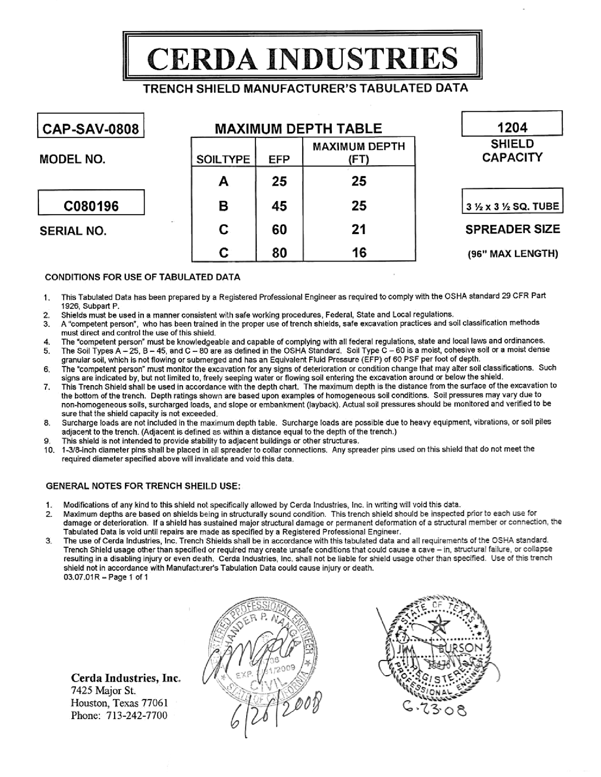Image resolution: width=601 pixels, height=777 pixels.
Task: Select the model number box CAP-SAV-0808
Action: [x=91, y=129]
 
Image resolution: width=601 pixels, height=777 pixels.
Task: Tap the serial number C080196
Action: [x=91, y=206]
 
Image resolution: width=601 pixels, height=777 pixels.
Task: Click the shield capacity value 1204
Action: [x=512, y=127]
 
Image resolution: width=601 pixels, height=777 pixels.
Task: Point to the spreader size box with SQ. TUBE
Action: [x=512, y=206]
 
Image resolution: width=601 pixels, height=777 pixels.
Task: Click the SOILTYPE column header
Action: [x=223, y=159]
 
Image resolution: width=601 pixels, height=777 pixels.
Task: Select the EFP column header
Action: [x=279, y=159]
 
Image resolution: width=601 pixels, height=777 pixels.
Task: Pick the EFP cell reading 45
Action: [x=279, y=206]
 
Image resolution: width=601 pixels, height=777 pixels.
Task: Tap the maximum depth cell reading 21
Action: [x=358, y=230]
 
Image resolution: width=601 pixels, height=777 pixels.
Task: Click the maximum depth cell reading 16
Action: [x=358, y=253]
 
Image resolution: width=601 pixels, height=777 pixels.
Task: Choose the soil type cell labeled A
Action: [x=223, y=182]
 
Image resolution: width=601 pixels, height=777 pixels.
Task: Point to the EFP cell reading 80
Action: [x=279, y=253]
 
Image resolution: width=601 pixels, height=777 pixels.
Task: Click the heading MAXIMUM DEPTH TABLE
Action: [x=298, y=129]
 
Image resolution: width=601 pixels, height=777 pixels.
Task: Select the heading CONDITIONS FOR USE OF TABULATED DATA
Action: [x=142, y=277]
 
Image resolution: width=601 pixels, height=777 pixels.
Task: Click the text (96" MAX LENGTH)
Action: [x=513, y=254]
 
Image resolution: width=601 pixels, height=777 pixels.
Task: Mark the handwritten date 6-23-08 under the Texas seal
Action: [x=435, y=710]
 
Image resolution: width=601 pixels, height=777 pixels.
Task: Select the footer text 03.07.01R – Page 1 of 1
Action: [x=106, y=577]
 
